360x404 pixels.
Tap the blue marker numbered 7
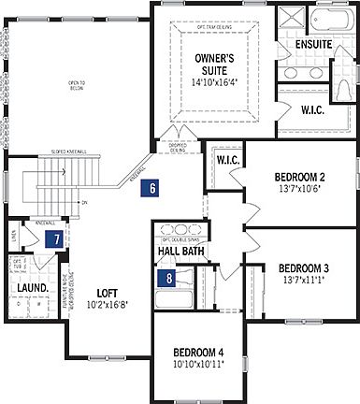pos(58,238)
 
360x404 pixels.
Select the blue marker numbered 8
pos(169,277)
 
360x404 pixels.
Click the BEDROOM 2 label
pos(299,178)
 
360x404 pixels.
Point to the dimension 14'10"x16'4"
pos(214,82)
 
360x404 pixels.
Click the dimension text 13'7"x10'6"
pos(299,191)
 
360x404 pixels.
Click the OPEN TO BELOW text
pos(76,86)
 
